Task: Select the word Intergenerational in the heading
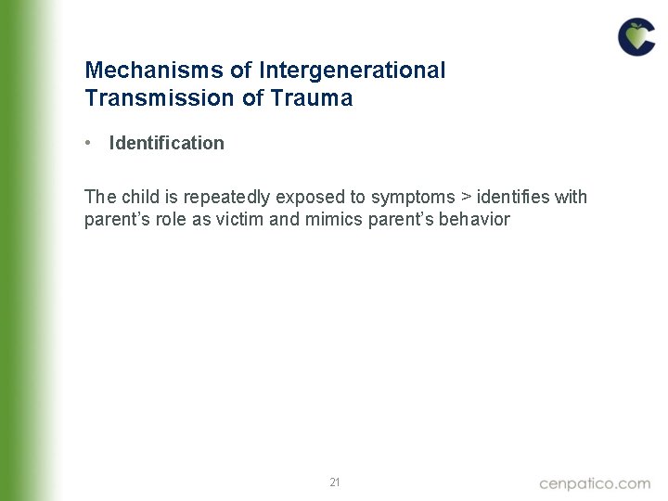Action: pyautogui.click(x=353, y=71)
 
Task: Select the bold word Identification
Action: pyautogui.click(x=166, y=143)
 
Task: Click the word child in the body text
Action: pyautogui.click(x=138, y=197)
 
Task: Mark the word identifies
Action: pyautogui.click(x=513, y=197)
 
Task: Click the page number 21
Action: pyautogui.click(x=335, y=482)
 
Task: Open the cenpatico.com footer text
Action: pyautogui.click(x=595, y=482)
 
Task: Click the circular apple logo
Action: pyautogui.click(x=636, y=38)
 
